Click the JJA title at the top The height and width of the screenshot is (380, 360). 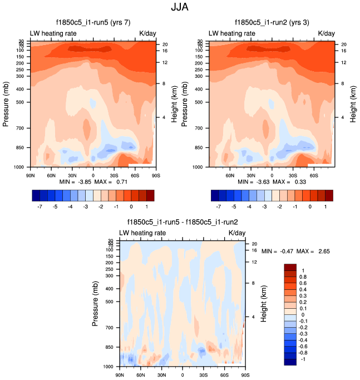pyautogui.click(x=180, y=8)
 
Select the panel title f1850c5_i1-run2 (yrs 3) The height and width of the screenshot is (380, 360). pyautogui.click(x=270, y=23)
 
